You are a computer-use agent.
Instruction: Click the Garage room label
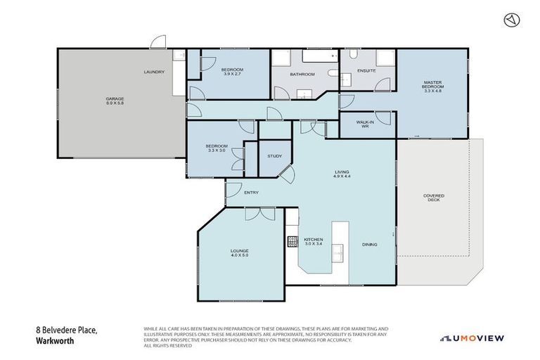[x=115, y=101]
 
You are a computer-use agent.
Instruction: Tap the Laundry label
[x=154, y=72]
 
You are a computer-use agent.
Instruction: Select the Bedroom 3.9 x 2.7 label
[x=232, y=72]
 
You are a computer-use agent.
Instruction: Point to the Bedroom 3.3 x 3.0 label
[x=217, y=148]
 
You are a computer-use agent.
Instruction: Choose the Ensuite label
[x=366, y=70]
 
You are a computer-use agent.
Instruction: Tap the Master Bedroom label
[x=432, y=87]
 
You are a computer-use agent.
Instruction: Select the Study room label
[x=274, y=157]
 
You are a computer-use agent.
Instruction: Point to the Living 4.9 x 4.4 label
[x=342, y=174]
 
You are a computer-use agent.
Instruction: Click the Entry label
[x=252, y=192]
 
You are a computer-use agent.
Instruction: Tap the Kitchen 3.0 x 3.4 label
[x=313, y=242]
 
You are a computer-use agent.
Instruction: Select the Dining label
[x=370, y=245]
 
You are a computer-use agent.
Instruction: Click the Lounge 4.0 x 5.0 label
[x=240, y=253]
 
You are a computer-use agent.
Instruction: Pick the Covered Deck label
[x=434, y=198]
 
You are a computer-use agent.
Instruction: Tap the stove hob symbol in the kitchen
[x=291, y=241]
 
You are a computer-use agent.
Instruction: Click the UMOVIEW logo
[x=472, y=338]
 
